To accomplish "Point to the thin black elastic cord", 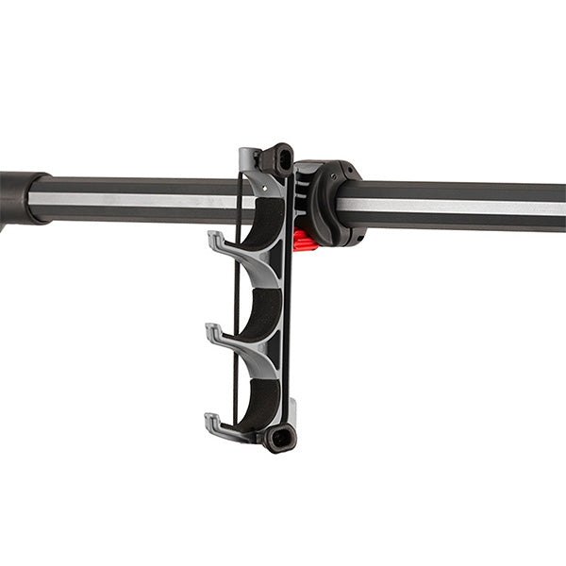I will [235, 311].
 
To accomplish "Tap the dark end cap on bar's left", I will [16, 198].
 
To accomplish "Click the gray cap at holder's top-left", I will [249, 158].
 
